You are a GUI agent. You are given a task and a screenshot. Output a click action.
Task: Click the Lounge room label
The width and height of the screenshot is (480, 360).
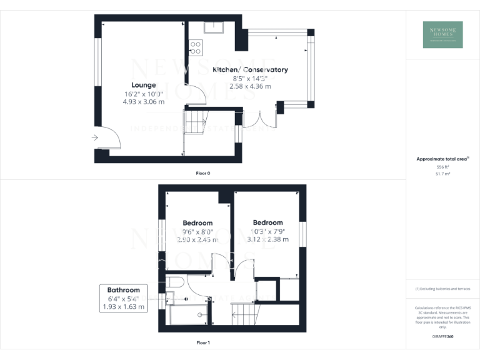pyautogui.click(x=143, y=85)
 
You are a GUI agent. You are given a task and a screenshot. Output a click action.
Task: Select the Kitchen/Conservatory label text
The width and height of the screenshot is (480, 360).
pyautogui.click(x=250, y=69)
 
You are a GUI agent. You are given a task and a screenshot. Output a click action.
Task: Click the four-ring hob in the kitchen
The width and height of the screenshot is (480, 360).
pyautogui.click(x=195, y=47)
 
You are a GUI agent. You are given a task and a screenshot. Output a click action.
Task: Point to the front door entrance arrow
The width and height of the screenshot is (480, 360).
pyautogui.click(x=94, y=137)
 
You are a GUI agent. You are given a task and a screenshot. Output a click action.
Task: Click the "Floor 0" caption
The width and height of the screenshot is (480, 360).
pyautogui.click(x=203, y=172)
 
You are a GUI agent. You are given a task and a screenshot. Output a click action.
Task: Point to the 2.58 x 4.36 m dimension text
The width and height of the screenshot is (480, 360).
pyautogui.click(x=250, y=86)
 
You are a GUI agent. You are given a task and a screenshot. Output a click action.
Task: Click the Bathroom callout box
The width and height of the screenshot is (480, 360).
pyautogui.click(x=123, y=298)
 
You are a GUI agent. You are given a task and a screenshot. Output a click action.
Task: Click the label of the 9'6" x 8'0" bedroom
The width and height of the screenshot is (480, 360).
pyautogui.click(x=197, y=223)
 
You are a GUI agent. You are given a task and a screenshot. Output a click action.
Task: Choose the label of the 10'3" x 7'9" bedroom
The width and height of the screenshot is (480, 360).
pyautogui.click(x=267, y=222)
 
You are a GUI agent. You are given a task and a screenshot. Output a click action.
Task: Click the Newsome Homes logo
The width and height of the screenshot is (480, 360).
pyautogui.click(x=443, y=34)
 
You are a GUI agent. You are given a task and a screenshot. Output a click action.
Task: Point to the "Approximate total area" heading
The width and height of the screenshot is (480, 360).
pyautogui.click(x=442, y=159)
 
